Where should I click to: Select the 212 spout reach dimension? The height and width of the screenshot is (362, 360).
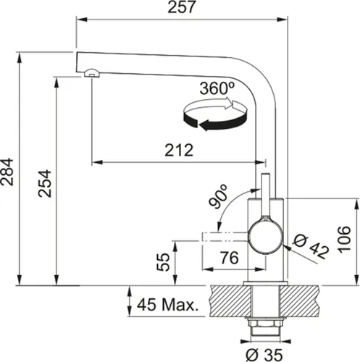point(177,151)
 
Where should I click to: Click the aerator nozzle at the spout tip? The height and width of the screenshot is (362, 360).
point(91,71)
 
